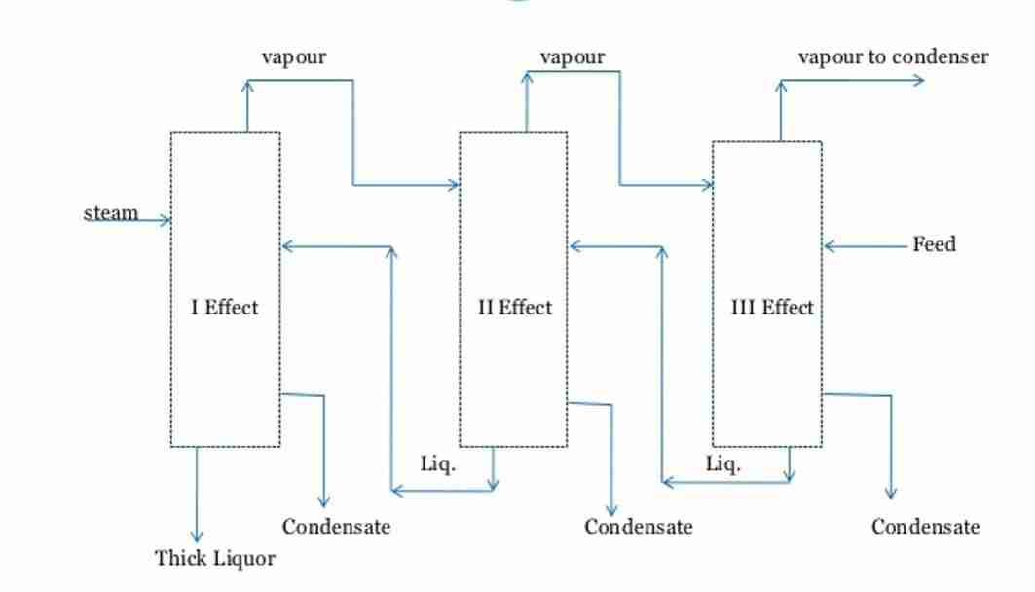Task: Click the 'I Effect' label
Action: [x=224, y=308]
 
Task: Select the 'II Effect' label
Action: [x=514, y=308]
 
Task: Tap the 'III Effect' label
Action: [x=772, y=308]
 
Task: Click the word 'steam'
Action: [x=111, y=213]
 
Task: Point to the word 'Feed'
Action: [x=934, y=244]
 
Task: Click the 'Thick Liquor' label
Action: [x=214, y=559]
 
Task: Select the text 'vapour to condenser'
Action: [x=893, y=56]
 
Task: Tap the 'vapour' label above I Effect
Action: [x=293, y=56]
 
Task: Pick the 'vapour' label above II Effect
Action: [x=572, y=56]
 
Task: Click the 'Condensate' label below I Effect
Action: [x=336, y=527]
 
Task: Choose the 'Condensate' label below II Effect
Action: [x=638, y=527]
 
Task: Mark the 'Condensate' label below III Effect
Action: [x=925, y=527]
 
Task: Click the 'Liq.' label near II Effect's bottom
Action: [x=437, y=463]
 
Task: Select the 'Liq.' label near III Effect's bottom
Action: [x=722, y=463]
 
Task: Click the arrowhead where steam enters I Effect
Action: [x=166, y=220]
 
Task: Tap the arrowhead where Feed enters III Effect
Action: [x=830, y=246]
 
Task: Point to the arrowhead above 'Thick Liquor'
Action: [x=197, y=536]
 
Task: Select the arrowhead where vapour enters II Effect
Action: [x=454, y=184]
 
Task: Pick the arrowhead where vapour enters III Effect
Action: [x=708, y=184]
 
